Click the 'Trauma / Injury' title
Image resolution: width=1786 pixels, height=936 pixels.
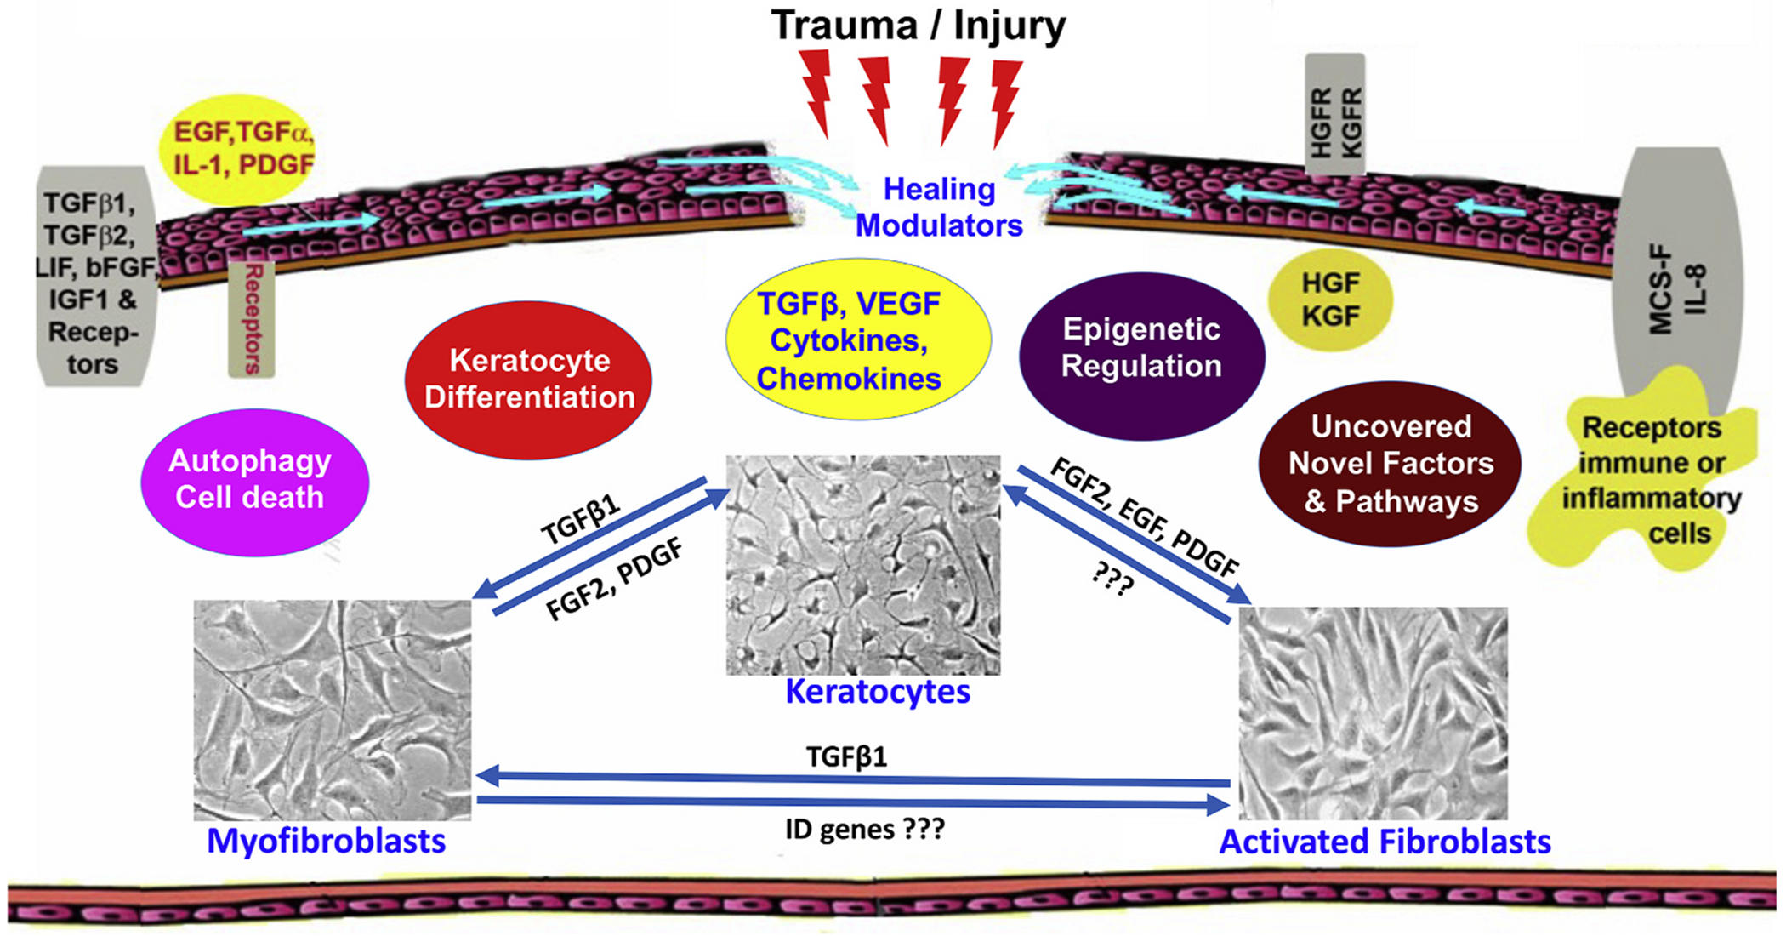pos(918,26)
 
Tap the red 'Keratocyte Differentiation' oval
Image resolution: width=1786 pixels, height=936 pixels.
pos(529,380)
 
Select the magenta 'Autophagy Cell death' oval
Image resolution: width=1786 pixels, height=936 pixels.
pos(253,481)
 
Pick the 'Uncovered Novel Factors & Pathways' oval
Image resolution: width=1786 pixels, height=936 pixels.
pos(1390,464)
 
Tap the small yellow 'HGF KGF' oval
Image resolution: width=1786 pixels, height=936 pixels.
pos(1330,300)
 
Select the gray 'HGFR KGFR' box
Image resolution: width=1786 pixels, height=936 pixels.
pos(1335,115)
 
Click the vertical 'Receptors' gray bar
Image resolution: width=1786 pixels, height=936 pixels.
pos(252,319)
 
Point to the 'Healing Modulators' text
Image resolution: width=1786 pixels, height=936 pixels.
pos(939,207)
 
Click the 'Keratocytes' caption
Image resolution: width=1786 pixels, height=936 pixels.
pos(878,692)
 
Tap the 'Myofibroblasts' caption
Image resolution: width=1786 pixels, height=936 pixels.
pos(326,841)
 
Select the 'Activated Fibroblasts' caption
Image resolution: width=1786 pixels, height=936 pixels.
pos(1385,842)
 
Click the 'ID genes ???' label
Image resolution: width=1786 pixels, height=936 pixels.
pos(864,829)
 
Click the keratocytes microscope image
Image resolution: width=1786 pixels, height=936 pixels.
pos(862,565)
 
